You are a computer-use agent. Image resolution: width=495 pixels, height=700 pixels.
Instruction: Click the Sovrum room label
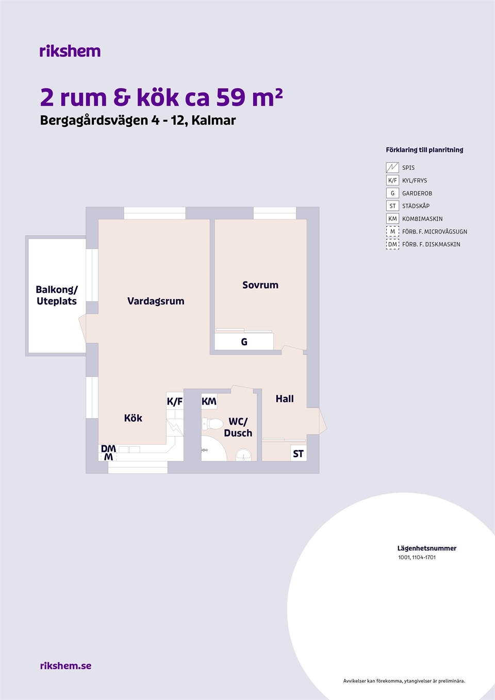260,285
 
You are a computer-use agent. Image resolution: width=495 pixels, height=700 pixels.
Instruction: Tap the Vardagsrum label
156,301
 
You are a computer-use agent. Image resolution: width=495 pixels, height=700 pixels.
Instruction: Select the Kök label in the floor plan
133,418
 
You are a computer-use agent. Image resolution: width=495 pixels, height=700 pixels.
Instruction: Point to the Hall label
285,399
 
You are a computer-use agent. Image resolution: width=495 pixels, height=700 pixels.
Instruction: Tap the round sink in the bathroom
243,455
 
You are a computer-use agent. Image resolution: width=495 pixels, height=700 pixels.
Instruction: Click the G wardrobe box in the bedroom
244,342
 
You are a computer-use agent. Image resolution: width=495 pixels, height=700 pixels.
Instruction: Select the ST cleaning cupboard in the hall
299,454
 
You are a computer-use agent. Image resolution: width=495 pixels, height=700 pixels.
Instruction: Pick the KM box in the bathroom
209,401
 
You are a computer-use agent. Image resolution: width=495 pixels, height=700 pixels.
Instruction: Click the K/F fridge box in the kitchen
175,401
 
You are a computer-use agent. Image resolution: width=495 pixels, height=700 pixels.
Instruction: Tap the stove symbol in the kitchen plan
175,427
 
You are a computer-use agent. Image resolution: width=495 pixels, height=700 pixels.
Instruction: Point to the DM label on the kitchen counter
108,449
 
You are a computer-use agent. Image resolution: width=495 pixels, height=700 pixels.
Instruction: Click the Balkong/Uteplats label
57,295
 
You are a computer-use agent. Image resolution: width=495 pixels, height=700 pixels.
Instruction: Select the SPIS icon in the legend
392,168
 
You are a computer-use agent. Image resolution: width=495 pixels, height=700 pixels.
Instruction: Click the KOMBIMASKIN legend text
422,219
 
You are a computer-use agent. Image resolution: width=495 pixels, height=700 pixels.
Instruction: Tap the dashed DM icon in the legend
392,244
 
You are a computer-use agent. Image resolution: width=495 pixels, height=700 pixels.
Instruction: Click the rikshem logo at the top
70,51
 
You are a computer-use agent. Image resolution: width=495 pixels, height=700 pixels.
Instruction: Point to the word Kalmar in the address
213,120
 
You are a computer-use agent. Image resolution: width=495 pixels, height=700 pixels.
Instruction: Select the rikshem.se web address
65,665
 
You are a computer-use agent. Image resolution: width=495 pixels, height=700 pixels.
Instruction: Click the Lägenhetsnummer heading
427,548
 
